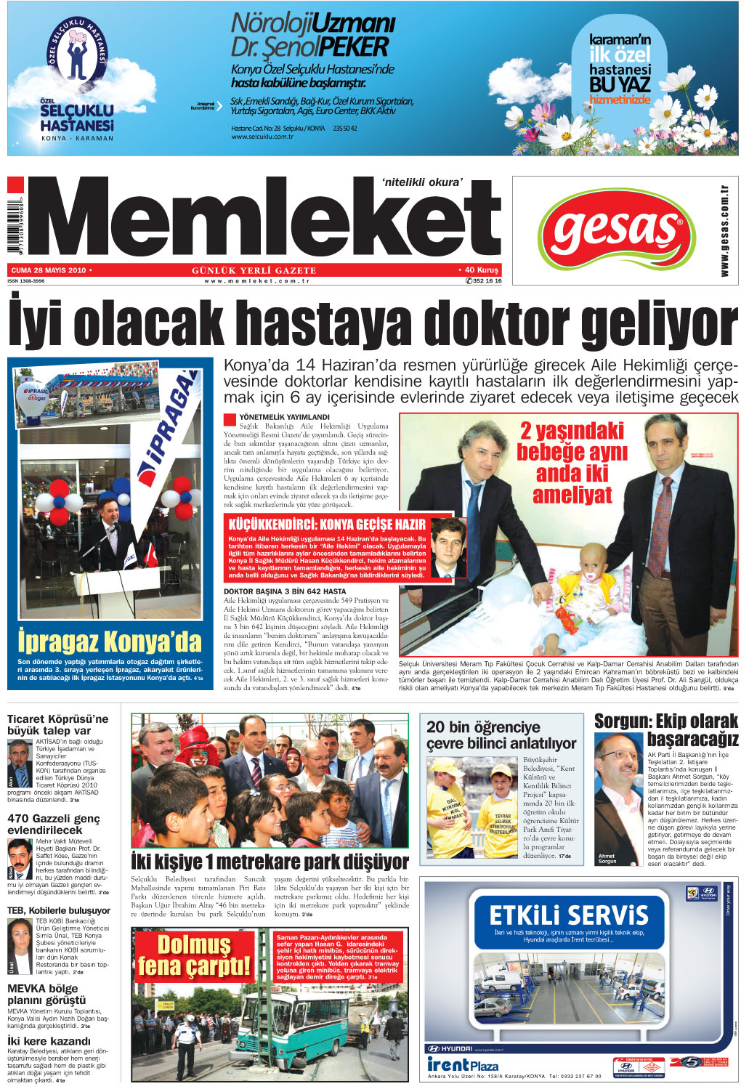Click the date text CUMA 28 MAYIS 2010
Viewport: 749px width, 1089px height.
[x=49, y=270]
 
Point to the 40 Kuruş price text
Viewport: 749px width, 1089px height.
[x=479, y=270]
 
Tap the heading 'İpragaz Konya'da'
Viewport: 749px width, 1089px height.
[x=109, y=641]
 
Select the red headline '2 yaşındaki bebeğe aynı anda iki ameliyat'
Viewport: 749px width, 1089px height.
[x=572, y=463]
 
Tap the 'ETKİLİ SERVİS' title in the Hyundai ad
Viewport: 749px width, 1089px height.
[x=569, y=915]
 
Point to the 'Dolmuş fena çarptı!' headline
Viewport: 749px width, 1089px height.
[x=194, y=955]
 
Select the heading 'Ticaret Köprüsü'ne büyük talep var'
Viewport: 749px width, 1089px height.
[x=57, y=724]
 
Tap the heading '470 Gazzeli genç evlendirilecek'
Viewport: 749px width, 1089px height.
[x=53, y=824]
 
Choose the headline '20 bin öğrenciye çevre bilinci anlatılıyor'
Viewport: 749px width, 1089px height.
[x=501, y=734]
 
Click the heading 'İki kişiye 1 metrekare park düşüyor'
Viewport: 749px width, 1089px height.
[x=270, y=862]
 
